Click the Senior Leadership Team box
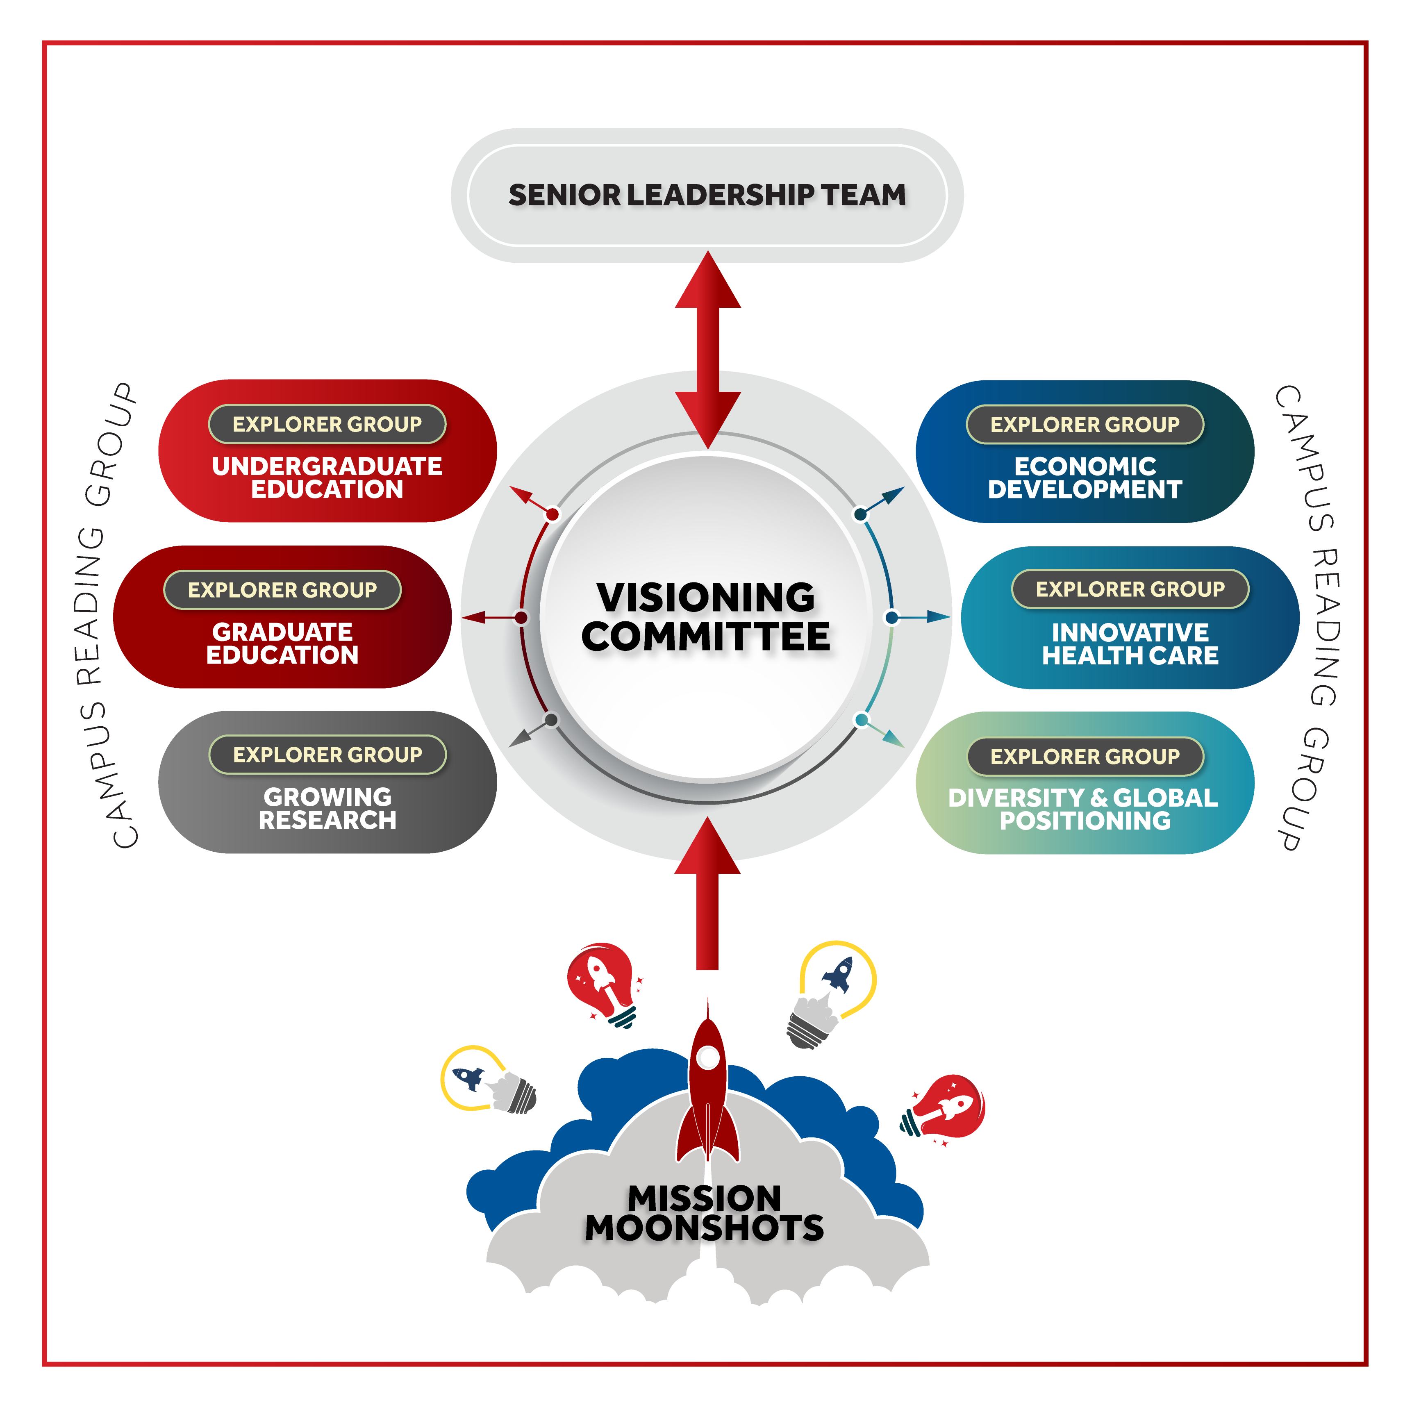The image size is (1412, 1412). [x=707, y=195]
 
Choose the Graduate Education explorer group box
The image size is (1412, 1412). [x=282, y=617]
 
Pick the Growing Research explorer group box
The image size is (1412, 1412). [x=327, y=782]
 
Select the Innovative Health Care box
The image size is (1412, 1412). [x=1130, y=618]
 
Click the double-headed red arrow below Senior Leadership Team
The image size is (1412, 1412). [x=707, y=350]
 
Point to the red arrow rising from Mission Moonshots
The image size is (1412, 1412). [x=707, y=893]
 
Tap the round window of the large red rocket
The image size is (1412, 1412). [x=707, y=1057]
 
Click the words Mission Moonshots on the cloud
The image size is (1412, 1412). [x=705, y=1213]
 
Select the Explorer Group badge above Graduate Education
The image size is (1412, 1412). [x=282, y=590]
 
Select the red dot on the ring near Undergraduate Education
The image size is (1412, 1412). [x=553, y=514]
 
